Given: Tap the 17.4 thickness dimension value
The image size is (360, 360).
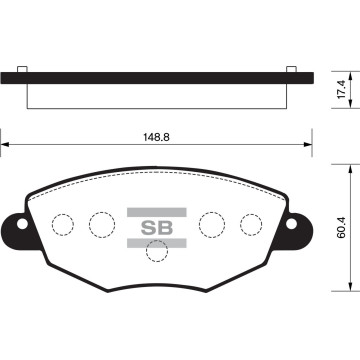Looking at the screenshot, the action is [342, 89].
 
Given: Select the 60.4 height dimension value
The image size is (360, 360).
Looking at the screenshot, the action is [342, 227].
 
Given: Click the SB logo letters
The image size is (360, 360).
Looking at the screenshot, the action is [157, 228].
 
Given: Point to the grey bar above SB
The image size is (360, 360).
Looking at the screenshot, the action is [157, 212].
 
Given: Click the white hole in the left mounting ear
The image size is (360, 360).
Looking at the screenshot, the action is [22, 224].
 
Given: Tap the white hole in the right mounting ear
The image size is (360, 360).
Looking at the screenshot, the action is [291, 224].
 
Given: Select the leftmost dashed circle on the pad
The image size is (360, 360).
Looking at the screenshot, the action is [63, 225].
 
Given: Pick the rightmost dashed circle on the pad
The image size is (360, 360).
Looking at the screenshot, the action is [251, 225].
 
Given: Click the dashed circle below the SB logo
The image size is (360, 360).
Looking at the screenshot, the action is [157, 251].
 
